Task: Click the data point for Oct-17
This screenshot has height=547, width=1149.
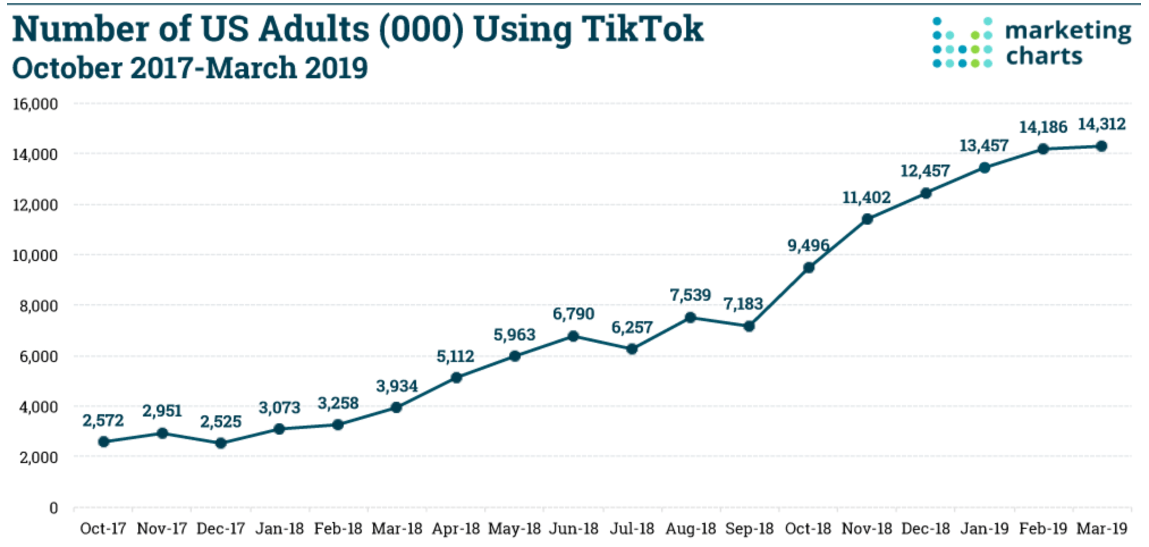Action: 103,441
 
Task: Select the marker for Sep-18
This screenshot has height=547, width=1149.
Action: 749,326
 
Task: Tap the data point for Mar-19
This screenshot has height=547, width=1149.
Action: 1101,146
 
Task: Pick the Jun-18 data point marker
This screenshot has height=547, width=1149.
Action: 573,336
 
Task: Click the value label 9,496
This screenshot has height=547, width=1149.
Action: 808,245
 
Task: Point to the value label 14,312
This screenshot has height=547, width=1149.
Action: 1101,124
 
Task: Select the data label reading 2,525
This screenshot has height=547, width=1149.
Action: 221,422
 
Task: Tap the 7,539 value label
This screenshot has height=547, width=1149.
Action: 690,295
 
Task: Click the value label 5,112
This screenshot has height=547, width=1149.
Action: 455,356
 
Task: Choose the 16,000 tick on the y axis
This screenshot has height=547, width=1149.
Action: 35,104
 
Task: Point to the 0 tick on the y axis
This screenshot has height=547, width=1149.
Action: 53,508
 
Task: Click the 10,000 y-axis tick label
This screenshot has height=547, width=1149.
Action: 35,255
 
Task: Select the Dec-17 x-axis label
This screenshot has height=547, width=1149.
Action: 221,529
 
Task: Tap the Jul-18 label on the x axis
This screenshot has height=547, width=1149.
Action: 632,529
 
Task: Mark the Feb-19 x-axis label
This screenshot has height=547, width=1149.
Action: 1043,529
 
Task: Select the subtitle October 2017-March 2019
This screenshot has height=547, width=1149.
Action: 190,68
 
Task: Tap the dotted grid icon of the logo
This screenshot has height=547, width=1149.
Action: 962,43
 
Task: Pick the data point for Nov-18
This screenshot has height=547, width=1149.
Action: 867,219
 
